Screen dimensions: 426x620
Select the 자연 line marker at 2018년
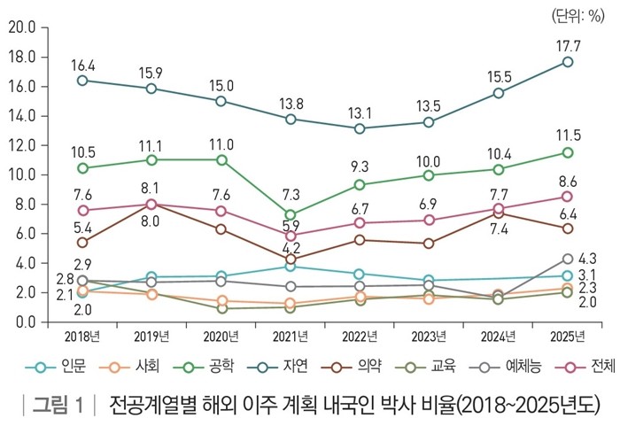tap(82, 80)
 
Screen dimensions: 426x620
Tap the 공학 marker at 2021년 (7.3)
tap(291, 215)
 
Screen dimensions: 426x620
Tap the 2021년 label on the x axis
tap(291, 337)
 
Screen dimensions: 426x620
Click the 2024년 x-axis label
tap(499, 337)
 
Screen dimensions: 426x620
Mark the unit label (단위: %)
tap(577, 12)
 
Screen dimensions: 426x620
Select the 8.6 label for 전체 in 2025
tap(566, 180)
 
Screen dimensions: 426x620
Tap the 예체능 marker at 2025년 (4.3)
tap(568, 259)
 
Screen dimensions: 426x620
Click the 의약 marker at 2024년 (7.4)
tap(499, 213)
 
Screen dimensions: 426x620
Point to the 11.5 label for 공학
tap(566, 136)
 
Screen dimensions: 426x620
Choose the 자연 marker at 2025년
tap(568, 61)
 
